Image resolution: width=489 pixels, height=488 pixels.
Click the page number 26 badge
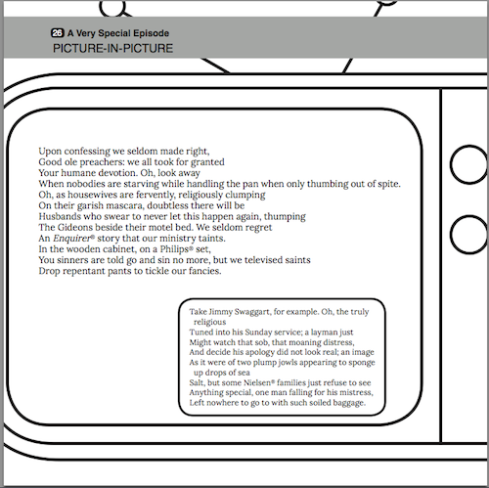pos(58,33)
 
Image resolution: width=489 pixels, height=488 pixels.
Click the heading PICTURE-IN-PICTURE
pos(112,49)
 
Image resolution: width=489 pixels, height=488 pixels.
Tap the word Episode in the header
pos(151,33)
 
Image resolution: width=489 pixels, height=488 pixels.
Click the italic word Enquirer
pos(71,239)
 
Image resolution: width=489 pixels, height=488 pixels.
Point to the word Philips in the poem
pos(175,249)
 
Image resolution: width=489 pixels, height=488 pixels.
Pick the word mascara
pos(125,205)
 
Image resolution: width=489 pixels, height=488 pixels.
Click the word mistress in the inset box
pos(357,392)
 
